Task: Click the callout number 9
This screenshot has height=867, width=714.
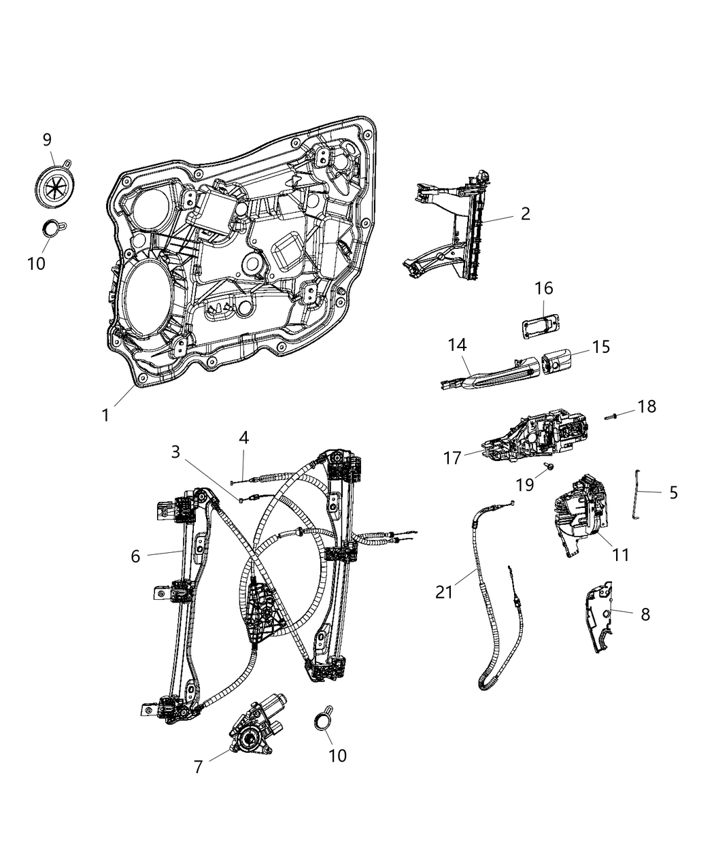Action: [47, 139]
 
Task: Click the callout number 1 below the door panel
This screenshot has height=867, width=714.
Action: [105, 414]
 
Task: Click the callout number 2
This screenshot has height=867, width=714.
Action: [525, 214]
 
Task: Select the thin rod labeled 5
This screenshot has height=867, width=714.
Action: [639, 496]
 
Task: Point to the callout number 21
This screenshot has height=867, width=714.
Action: [444, 592]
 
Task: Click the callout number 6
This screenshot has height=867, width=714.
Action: [135, 556]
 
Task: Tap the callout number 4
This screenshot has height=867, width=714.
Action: [243, 436]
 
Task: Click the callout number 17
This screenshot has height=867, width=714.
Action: [452, 458]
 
